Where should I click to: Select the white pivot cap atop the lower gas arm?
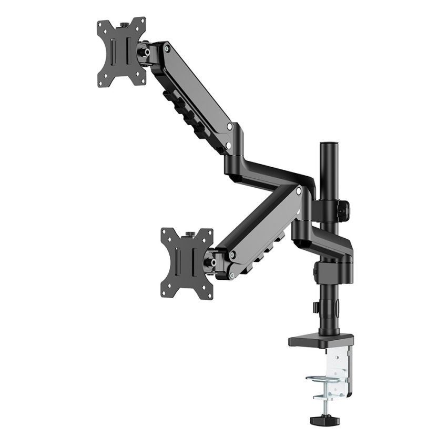click(x=299, y=192)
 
